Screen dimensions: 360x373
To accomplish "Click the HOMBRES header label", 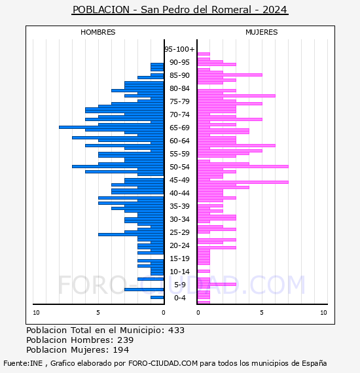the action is point(98,32).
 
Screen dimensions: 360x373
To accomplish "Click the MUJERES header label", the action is point(262,32).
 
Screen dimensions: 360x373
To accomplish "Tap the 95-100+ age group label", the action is point(179,49).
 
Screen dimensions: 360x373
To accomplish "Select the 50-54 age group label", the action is point(179,167).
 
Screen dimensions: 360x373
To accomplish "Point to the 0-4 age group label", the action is point(180,298).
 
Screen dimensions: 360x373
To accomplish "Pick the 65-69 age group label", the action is point(179,128).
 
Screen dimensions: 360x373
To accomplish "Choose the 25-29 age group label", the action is point(179,232).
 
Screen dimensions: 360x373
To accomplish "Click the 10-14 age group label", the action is point(179,272).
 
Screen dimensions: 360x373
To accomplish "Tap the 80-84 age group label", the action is point(179,88).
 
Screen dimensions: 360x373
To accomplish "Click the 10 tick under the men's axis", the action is point(36,313).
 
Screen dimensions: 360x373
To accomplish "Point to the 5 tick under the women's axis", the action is point(262,313).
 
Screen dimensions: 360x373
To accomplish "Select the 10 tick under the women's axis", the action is point(323,313).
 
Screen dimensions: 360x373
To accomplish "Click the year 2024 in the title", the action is point(274,10).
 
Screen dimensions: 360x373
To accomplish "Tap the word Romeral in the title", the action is point(231,10).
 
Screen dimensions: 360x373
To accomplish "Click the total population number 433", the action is point(176,330).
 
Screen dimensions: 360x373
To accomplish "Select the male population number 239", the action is point(126,340).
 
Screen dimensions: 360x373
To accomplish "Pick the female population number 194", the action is point(121,349).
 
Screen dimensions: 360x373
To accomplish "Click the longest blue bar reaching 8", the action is point(111,127).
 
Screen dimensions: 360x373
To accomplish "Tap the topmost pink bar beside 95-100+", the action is point(204,54).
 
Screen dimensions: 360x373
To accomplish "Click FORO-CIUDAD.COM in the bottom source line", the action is point(163,363).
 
